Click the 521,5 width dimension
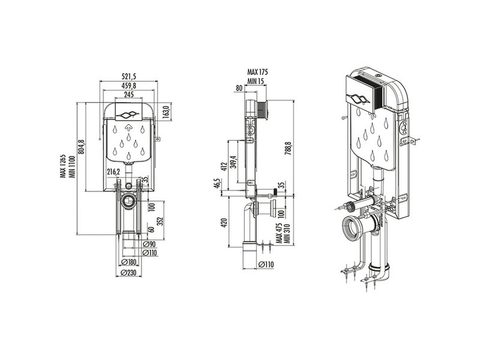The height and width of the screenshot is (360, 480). tap(129, 77)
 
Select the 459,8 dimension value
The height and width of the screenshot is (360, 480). tap(128, 85)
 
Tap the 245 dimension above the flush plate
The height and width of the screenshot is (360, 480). tap(129, 94)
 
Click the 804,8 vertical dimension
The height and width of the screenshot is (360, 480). tap(82, 147)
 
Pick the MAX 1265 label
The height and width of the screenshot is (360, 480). tap(64, 166)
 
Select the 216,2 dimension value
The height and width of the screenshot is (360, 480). tap(113, 172)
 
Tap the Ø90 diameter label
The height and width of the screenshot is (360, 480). tap(149, 244)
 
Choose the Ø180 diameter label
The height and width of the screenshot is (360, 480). tap(129, 262)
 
